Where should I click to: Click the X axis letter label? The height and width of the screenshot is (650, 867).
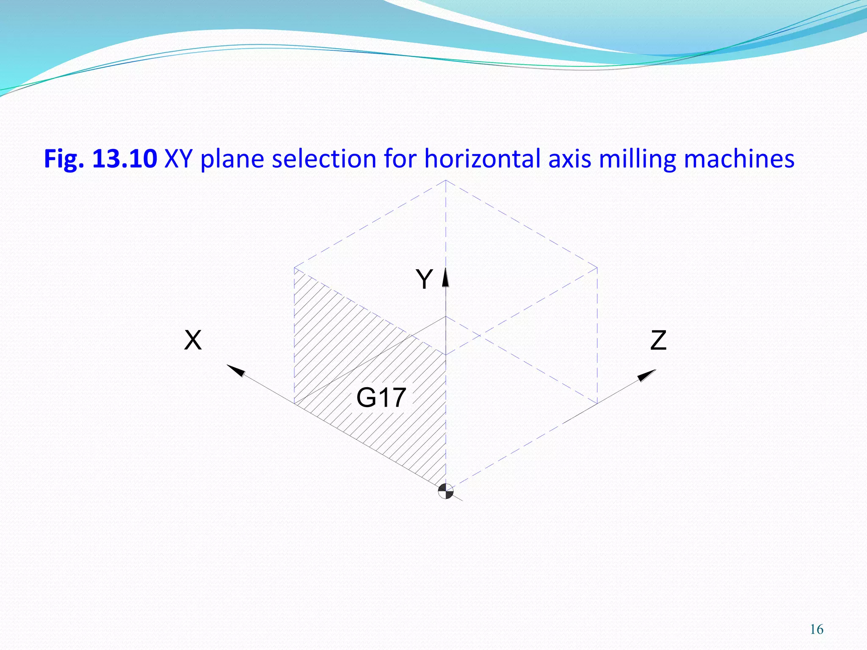point(193,340)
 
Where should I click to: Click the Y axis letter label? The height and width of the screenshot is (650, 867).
point(424,279)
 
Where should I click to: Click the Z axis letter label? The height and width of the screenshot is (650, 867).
point(658,340)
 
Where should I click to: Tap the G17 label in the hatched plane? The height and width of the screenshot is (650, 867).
point(381,397)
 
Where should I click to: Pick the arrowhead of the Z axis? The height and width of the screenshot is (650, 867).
point(646,375)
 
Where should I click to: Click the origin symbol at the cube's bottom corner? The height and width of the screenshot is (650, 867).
point(446,491)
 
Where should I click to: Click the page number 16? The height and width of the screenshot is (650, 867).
point(816,630)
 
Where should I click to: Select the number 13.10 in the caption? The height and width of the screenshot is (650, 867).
point(124,159)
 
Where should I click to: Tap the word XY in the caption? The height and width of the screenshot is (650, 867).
point(179,159)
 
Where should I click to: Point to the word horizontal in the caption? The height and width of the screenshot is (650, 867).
point(483,159)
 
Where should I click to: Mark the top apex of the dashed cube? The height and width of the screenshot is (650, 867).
point(445,180)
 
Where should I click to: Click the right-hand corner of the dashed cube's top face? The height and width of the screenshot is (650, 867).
point(597,267)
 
